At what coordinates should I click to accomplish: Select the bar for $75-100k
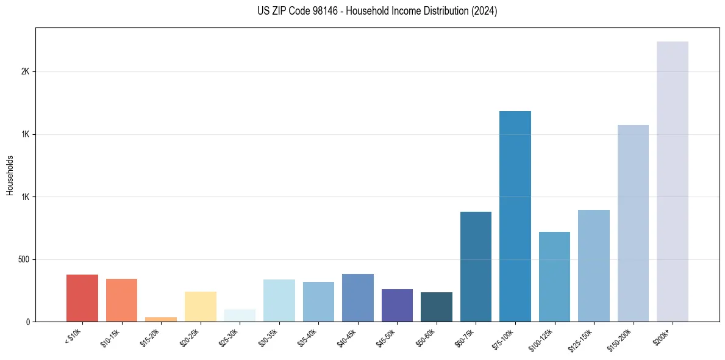click(515, 216)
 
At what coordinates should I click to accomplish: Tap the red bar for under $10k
click(82, 298)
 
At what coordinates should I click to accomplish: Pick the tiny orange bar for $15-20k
click(161, 319)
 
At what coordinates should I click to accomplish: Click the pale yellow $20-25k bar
click(201, 306)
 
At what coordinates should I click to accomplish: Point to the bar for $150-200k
click(633, 223)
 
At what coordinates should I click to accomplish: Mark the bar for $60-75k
click(476, 267)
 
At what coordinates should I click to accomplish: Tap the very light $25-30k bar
click(240, 315)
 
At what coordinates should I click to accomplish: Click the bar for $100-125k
click(554, 276)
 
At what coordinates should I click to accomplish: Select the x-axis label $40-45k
click(348, 338)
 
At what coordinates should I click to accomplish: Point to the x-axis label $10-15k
click(112, 338)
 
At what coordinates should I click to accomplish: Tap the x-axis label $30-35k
click(269, 338)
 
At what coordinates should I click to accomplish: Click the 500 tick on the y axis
click(24, 259)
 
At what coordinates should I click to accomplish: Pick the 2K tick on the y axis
click(26, 71)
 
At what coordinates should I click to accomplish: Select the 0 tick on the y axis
click(28, 322)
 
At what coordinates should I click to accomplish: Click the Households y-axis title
click(10, 175)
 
